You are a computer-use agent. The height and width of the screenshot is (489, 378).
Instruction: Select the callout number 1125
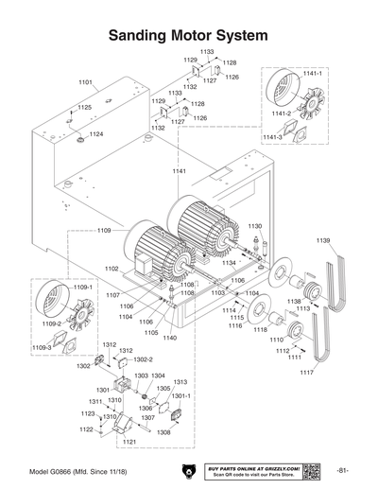point(85,108)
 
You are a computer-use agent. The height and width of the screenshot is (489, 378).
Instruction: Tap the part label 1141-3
point(272,138)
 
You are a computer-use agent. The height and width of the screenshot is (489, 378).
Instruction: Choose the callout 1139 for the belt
point(323,240)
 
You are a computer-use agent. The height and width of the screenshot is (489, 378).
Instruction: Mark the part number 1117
point(306,372)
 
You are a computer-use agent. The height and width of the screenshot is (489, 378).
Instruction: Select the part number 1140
point(170,338)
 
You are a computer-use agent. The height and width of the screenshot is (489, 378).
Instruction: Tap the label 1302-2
point(143,359)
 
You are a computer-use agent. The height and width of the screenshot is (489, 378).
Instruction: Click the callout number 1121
point(129,442)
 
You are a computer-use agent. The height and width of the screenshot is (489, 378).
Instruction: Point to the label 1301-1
point(181,396)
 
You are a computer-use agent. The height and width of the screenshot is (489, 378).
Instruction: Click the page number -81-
point(343,470)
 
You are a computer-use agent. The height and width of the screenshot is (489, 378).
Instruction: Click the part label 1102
point(112,269)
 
